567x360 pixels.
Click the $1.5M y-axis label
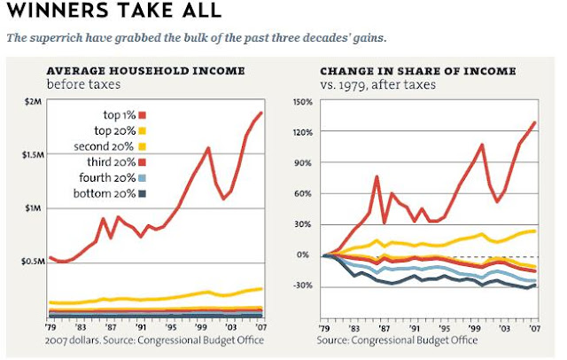(28, 155)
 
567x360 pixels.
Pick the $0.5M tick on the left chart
(28, 262)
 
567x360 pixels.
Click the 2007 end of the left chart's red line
(261, 113)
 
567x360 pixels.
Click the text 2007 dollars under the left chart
(75, 340)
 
